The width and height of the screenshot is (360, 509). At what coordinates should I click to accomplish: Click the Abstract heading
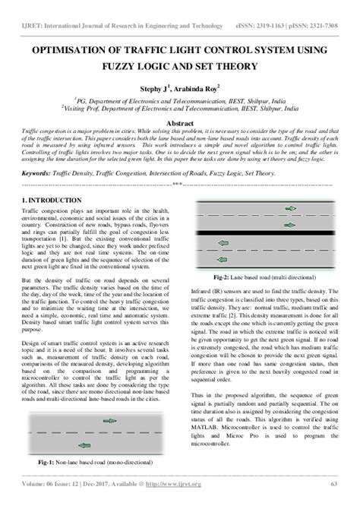179,123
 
